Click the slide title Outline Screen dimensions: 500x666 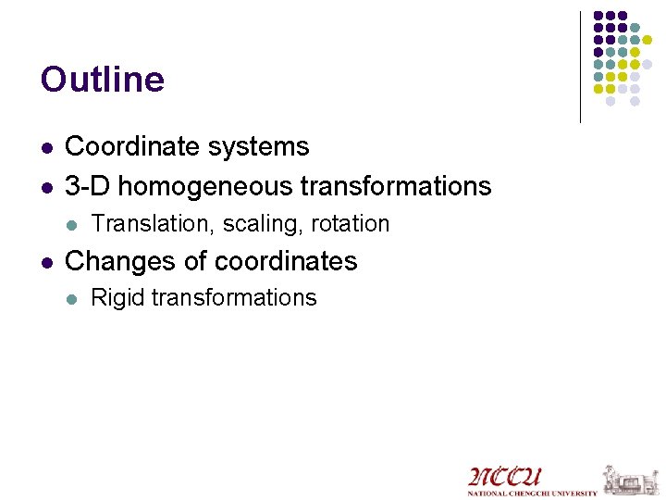point(103,80)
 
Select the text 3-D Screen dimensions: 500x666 point(88,185)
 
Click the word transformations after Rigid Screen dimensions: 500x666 point(233,297)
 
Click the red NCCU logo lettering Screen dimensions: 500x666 point(505,477)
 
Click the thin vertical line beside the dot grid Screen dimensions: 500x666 point(580,67)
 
